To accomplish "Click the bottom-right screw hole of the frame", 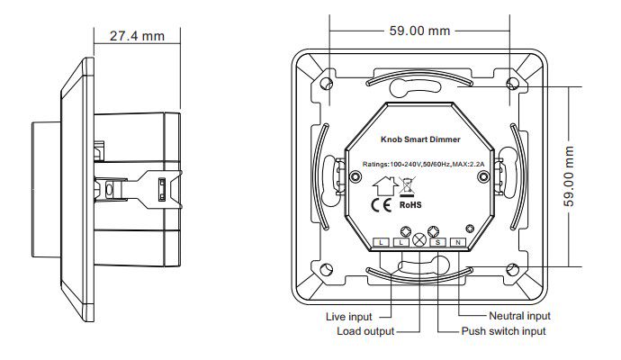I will tap(512, 267).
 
